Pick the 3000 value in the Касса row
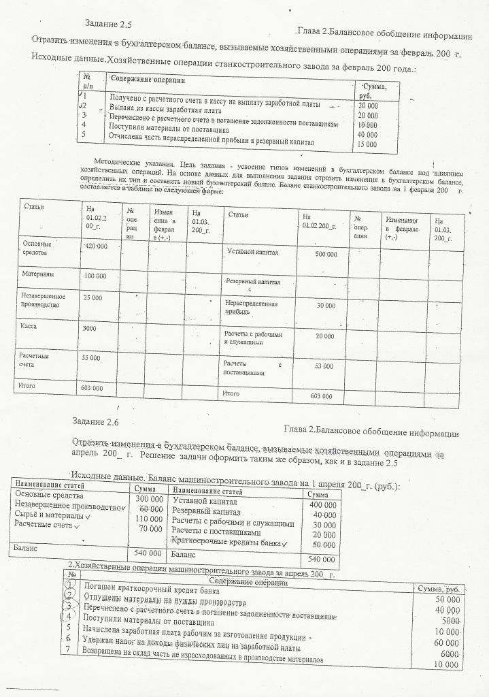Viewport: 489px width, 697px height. (90, 329)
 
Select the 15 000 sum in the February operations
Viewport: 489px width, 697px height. (367, 144)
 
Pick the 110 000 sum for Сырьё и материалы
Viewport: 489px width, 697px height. (150, 519)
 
